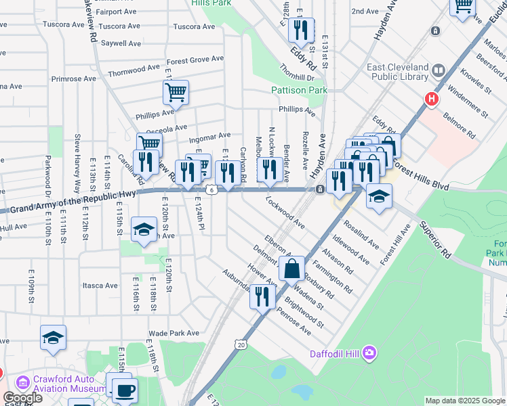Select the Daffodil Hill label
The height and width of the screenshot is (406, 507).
tap(333, 353)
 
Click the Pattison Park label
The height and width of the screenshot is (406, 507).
tap(299, 90)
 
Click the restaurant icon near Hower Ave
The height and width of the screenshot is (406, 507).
tap(262, 296)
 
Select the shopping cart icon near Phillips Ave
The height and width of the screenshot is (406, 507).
tap(176, 91)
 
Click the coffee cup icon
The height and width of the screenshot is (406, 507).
tap(125, 390)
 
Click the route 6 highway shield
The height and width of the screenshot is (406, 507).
tap(212, 189)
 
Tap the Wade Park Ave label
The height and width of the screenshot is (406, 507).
tap(174, 333)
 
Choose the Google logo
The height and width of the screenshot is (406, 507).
tap(22, 398)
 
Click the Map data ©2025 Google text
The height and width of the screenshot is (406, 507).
tap(464, 401)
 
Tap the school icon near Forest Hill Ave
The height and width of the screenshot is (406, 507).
tap(380, 196)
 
